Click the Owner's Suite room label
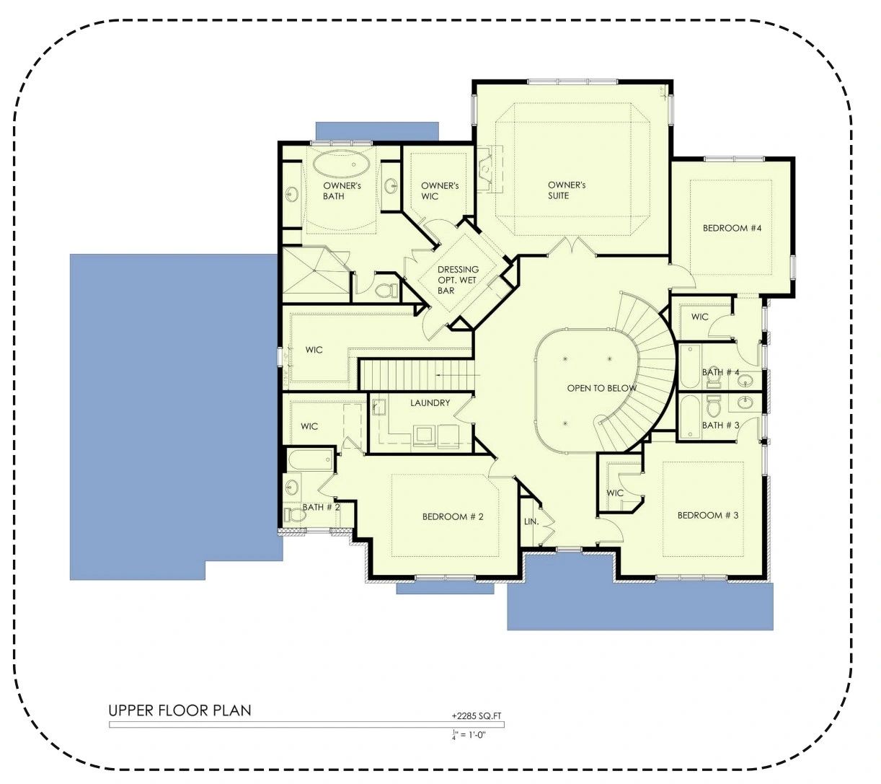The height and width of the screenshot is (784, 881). point(566,190)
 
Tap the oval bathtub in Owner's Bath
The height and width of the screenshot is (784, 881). point(342,165)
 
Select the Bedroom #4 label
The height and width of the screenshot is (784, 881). point(732,228)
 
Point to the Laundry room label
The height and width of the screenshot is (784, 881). point(430,403)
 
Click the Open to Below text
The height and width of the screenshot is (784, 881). point(601,388)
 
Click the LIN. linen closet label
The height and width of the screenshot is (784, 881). point(531,521)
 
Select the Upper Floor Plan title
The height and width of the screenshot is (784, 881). point(180,710)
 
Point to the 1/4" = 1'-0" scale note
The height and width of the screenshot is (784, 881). point(469,735)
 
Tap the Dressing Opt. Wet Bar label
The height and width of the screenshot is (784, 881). point(458,280)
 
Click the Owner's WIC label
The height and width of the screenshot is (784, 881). point(440,190)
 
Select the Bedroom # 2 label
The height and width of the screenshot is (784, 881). point(453,516)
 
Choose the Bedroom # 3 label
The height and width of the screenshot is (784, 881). point(708,515)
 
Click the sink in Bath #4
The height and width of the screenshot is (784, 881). point(745,381)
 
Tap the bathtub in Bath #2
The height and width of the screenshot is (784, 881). point(309,460)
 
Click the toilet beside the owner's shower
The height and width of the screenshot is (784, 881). point(386,290)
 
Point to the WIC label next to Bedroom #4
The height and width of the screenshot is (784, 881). point(699,317)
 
